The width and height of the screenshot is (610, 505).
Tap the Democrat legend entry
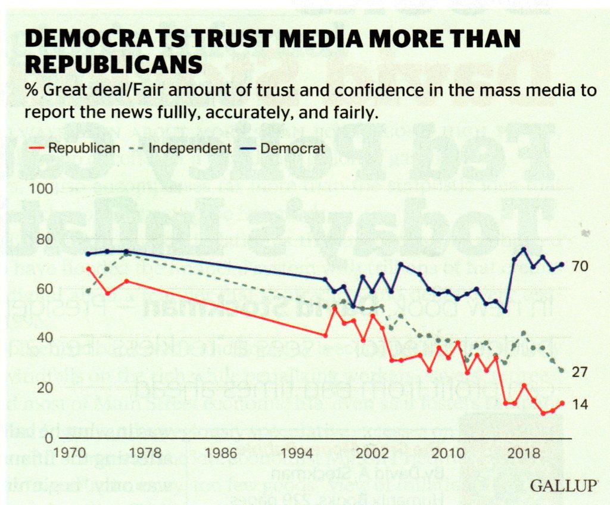[292, 148]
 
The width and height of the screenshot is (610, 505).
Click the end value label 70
[580, 266]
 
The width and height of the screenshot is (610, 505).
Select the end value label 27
[580, 372]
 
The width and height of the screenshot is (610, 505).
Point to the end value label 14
[580, 405]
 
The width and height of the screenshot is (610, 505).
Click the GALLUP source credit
[562, 486]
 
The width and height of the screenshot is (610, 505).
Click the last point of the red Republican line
[562, 403]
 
